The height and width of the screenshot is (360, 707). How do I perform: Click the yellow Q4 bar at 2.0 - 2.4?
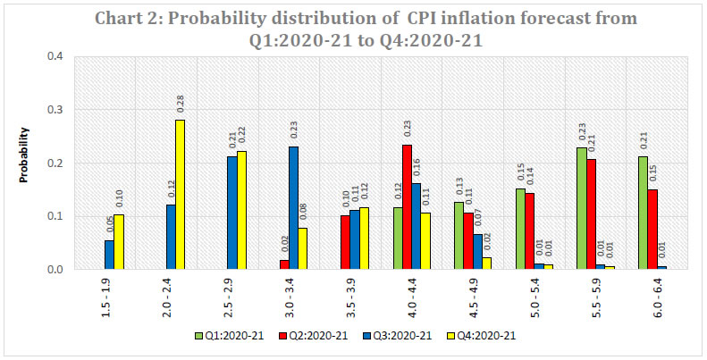[180, 195]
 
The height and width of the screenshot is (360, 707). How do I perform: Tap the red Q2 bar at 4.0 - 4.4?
[408, 207]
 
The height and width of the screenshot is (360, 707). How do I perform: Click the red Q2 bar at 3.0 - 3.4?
[283, 264]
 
